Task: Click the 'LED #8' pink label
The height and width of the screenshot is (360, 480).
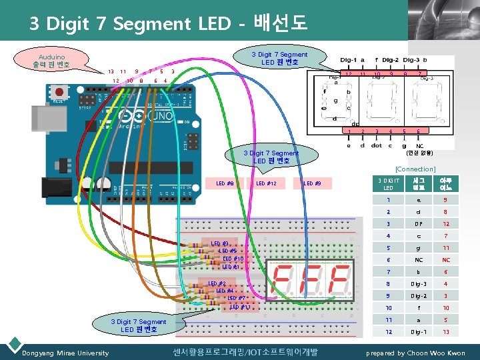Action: (225, 183)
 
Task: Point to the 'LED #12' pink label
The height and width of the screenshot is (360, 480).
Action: (266, 183)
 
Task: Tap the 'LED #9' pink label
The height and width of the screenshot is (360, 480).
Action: (312, 183)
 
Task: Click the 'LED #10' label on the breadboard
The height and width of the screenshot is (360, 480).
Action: (233, 259)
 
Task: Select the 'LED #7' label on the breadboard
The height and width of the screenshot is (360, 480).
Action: (236, 298)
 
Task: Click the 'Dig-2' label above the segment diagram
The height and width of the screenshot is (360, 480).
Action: (388, 60)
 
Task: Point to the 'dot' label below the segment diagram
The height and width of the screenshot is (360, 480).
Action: (376, 145)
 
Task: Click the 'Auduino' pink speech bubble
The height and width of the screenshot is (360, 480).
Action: (51, 61)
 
